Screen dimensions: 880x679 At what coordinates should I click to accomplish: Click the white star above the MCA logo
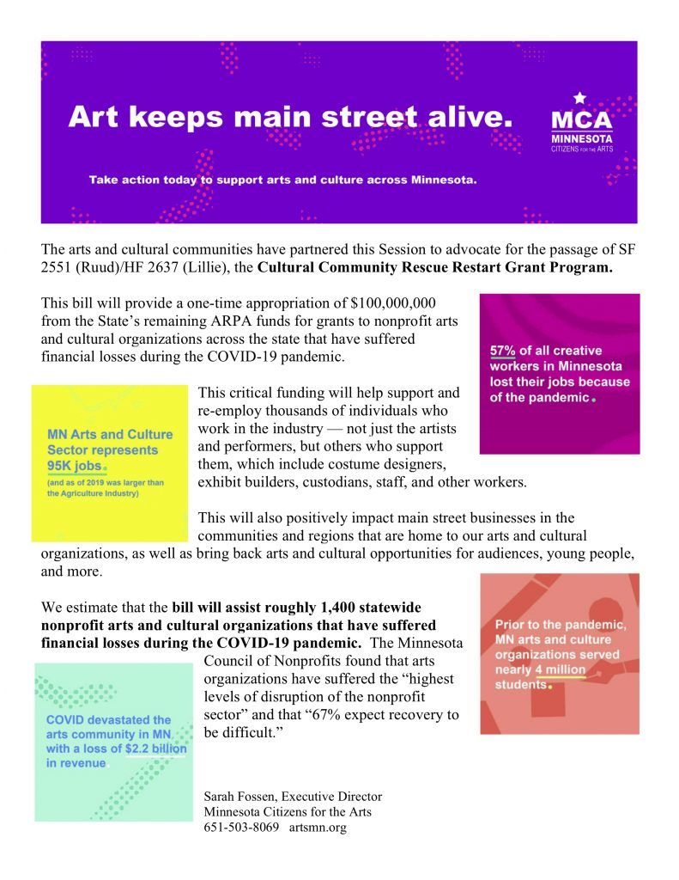579,98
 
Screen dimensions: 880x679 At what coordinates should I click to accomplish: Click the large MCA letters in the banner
582,119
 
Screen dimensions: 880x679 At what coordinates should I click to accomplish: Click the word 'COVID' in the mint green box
67,719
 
